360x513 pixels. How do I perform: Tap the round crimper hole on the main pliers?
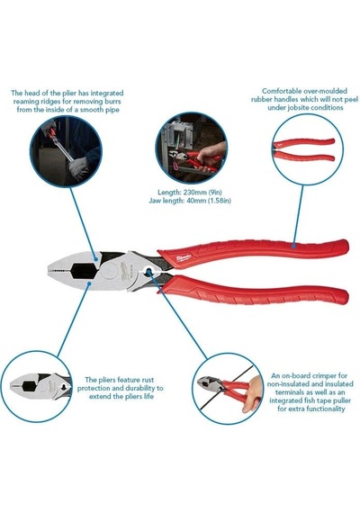point(149,271)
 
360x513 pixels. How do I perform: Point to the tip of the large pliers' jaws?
point(48,270)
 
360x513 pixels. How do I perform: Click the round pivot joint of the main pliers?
point(109,271)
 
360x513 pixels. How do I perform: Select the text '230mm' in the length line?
point(194,192)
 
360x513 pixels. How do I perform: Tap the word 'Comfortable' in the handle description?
point(282,91)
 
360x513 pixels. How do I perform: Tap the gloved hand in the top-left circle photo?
point(78,167)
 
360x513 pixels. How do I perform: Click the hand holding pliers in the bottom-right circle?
point(252,393)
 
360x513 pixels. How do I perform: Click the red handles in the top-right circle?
point(303,149)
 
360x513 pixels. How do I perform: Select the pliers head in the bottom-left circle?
point(40,385)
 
